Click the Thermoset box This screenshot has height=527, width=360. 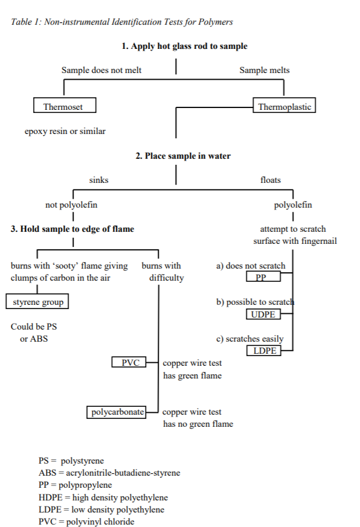(x=65, y=107)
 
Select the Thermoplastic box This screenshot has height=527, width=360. (x=284, y=107)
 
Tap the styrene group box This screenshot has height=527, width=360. (x=37, y=301)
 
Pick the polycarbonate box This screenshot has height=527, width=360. (x=118, y=412)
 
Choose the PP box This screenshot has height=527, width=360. (x=264, y=277)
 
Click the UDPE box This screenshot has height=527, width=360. (x=264, y=314)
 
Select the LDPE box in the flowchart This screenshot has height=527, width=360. (x=264, y=351)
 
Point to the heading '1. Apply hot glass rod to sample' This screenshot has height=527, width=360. (x=184, y=46)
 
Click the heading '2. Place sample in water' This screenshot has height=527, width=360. (x=183, y=156)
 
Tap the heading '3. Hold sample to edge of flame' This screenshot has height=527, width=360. (x=72, y=229)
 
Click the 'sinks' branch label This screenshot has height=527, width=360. (x=99, y=180)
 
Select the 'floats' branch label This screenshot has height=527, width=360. (x=271, y=180)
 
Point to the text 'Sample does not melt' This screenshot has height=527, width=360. (x=101, y=70)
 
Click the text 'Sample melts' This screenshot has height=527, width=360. (x=265, y=70)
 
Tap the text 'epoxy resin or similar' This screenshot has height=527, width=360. (x=65, y=131)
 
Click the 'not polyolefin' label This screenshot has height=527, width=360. (x=71, y=205)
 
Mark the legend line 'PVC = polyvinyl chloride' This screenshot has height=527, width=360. (x=86, y=522)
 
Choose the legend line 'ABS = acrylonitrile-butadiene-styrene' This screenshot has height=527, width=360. (x=109, y=473)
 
